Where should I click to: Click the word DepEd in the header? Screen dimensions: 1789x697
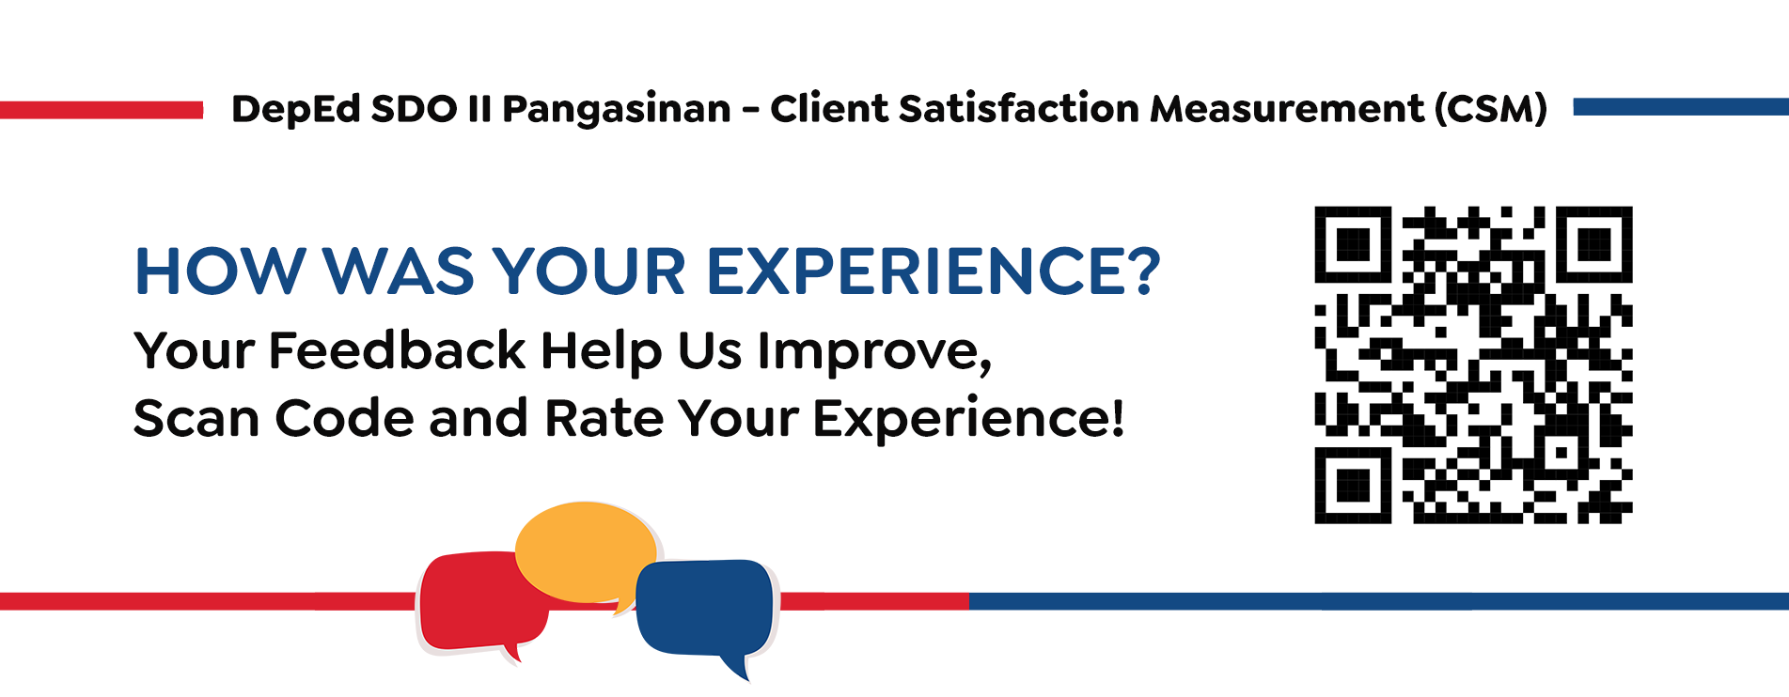click(x=295, y=110)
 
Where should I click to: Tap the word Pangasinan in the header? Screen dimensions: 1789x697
click(x=617, y=110)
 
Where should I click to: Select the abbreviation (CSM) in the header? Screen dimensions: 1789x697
click(x=1491, y=109)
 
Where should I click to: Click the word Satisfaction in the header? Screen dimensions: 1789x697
click(x=1020, y=109)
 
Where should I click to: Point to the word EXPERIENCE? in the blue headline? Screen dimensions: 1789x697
click(x=934, y=271)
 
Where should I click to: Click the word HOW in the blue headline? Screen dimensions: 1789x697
click(x=220, y=271)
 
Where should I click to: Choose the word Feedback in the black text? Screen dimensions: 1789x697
click(x=397, y=349)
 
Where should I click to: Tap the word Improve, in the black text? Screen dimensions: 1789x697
click(x=874, y=351)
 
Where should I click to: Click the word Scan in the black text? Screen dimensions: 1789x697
click(x=196, y=418)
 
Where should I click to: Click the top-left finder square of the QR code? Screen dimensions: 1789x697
click(x=1353, y=244)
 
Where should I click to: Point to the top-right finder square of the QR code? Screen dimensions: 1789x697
click(x=1594, y=244)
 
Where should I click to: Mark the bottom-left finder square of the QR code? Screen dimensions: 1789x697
click(x=1353, y=485)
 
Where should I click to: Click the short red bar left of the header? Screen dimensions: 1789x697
click(x=102, y=110)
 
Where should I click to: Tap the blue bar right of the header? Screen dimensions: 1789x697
click(x=1681, y=107)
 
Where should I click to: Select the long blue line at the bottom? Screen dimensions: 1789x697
click(x=1379, y=601)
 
